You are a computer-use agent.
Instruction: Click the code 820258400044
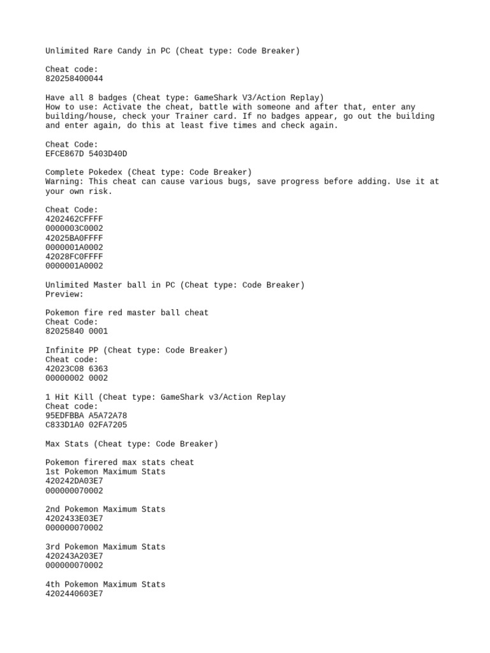click(x=74, y=78)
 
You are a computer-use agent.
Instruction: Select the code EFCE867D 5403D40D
click(x=86, y=154)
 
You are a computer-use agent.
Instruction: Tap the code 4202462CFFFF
click(x=74, y=219)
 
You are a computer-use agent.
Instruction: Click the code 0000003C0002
click(x=74, y=228)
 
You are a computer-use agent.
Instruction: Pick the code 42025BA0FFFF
click(x=74, y=238)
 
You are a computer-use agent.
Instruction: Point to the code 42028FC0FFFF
click(x=74, y=256)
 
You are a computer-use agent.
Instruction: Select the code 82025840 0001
click(x=77, y=332)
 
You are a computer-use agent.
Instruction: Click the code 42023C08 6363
click(x=77, y=369)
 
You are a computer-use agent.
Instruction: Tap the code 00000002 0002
click(x=77, y=378)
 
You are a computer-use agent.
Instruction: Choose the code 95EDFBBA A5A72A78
click(x=86, y=416)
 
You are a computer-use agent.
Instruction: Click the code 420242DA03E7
click(x=74, y=481)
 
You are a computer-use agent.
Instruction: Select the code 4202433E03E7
click(x=74, y=518)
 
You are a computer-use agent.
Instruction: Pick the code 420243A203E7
click(x=74, y=556)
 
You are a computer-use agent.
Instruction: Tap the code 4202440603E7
click(x=74, y=594)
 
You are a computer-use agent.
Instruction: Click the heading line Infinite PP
click(x=137, y=350)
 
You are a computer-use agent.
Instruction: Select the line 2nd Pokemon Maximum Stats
click(x=105, y=510)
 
